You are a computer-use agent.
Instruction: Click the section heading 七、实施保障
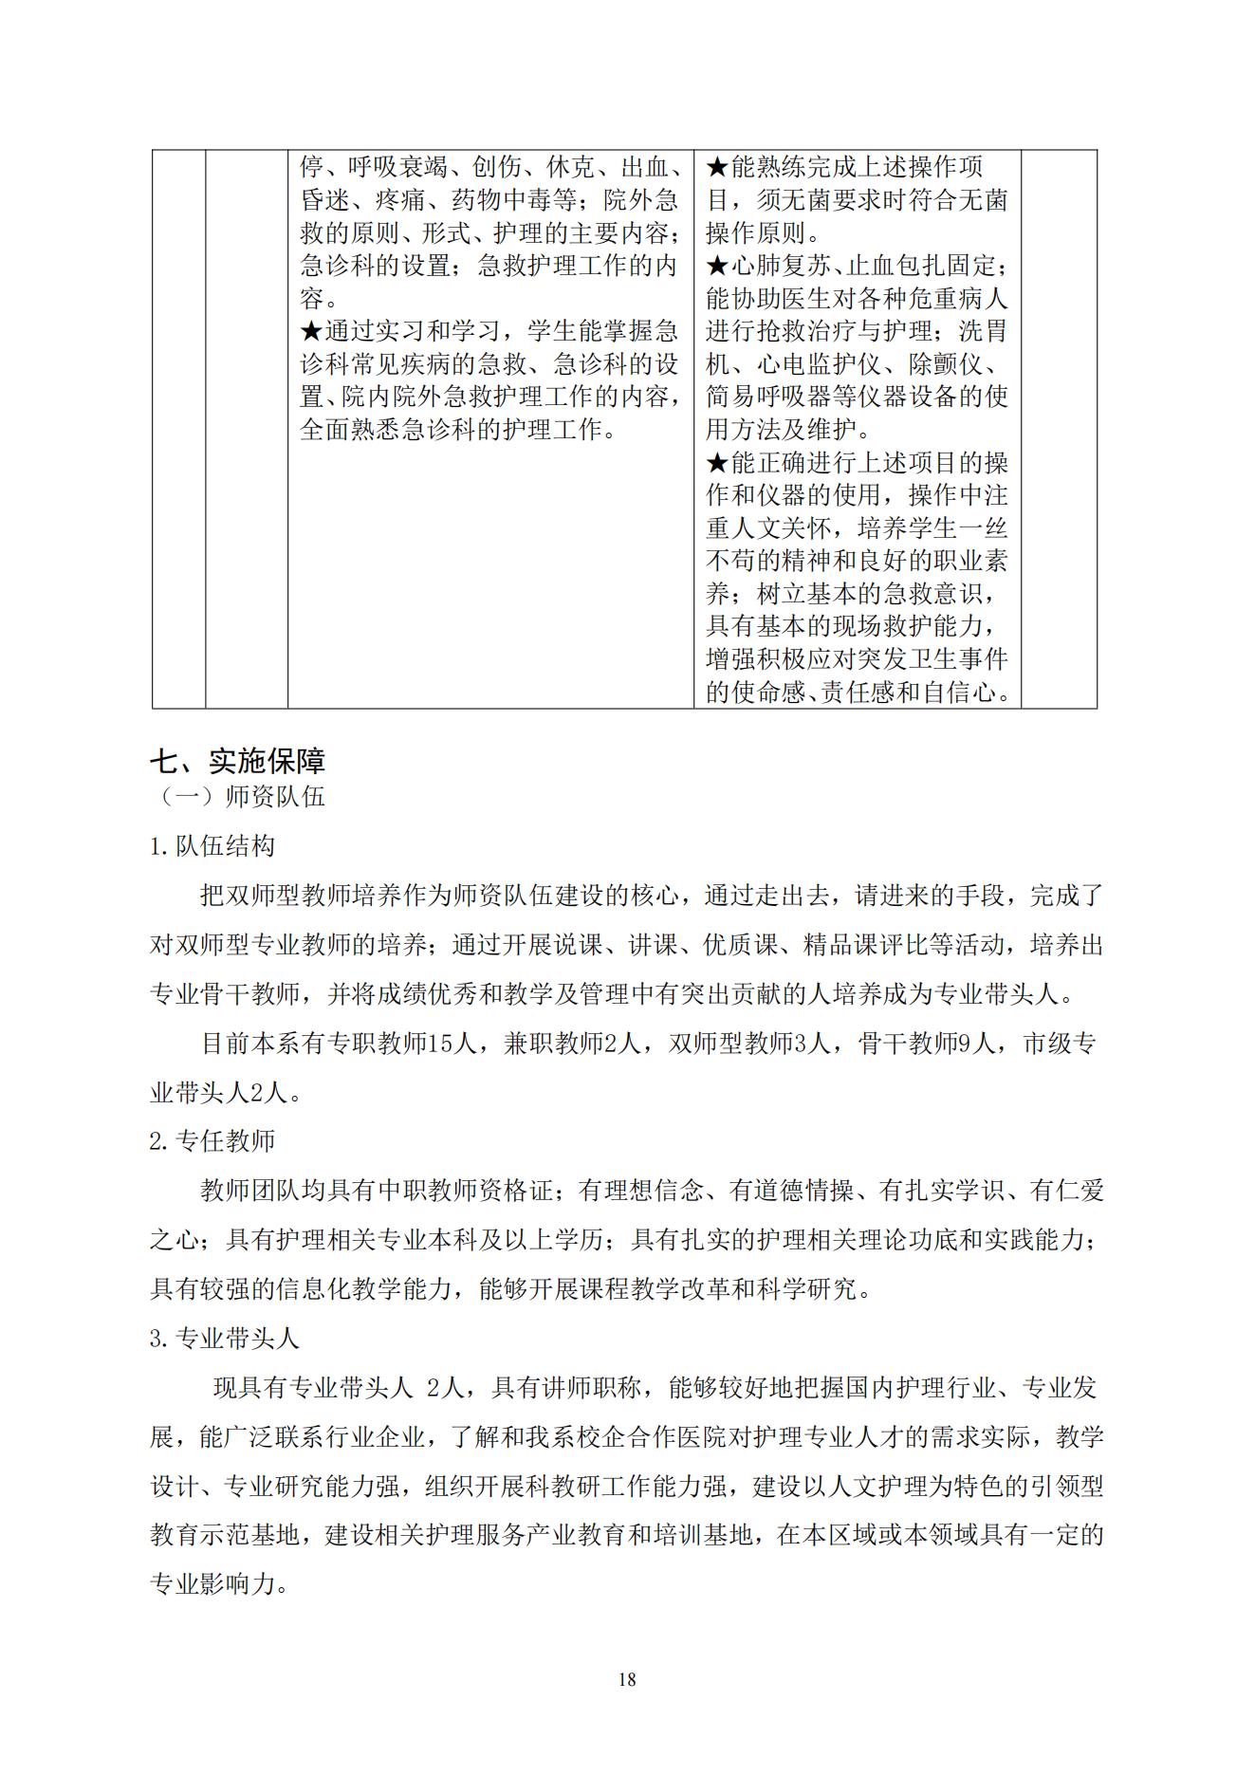point(238,761)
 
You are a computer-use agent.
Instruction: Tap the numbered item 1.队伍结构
point(212,845)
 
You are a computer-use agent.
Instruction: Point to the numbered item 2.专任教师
point(212,1140)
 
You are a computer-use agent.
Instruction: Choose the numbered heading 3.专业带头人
point(225,1338)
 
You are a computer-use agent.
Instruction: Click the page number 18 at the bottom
point(627,1679)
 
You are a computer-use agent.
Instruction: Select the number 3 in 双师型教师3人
point(800,1044)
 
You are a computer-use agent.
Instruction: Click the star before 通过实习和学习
point(312,332)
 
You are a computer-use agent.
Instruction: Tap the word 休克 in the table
point(571,168)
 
